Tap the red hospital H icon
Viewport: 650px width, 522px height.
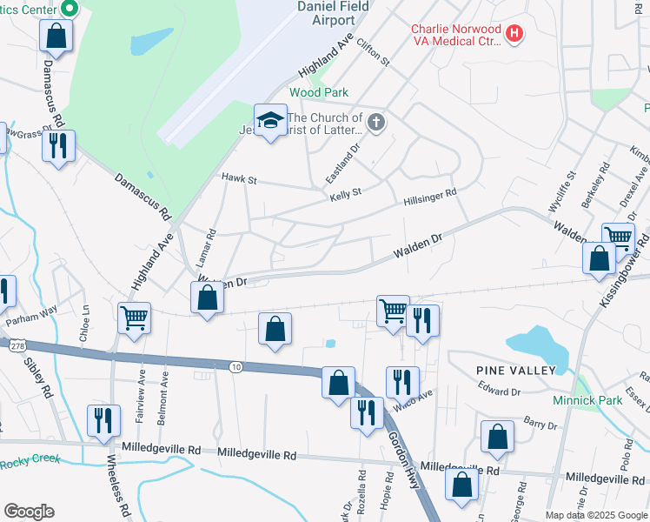[515, 34]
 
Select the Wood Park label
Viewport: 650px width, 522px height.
[318, 92]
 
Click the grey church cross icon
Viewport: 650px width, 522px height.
[375, 122]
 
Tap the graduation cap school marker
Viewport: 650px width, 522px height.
[270, 120]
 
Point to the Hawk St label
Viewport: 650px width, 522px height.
[239, 179]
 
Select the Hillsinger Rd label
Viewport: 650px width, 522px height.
[429, 197]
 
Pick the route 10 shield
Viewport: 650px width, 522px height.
[235, 367]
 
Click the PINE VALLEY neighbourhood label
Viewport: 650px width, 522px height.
[515, 371]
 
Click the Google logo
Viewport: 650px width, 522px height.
[29, 511]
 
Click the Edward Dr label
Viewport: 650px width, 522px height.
[500, 391]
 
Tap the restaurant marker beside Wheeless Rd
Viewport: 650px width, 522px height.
[103, 419]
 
